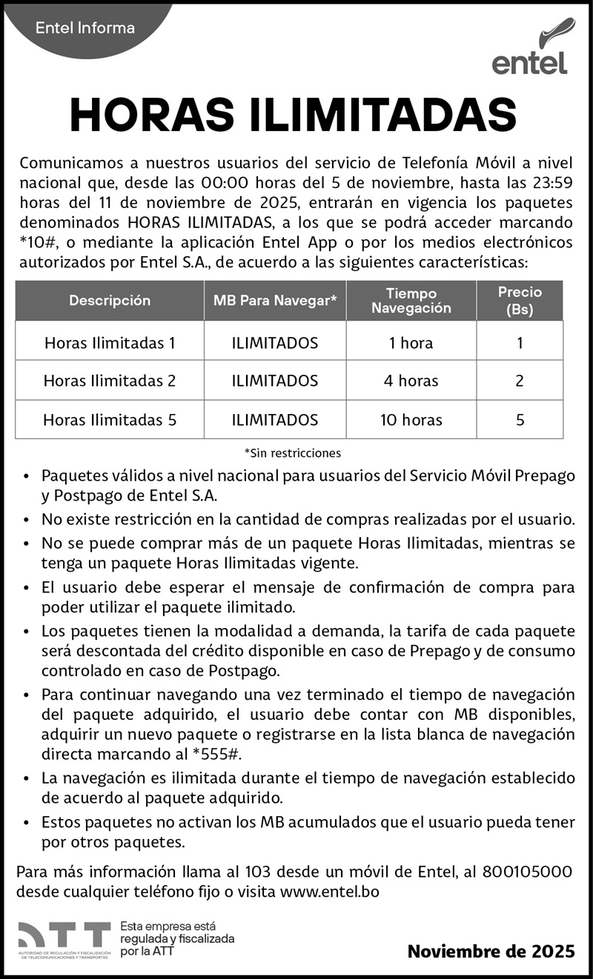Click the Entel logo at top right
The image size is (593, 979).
pos(530,48)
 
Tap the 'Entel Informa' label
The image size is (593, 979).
pos(85,28)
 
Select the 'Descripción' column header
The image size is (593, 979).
pos(110,301)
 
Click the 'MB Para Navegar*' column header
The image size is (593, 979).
pos(275,301)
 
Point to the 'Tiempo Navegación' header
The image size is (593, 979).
pos(411,301)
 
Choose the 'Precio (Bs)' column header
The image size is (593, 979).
pos(520,301)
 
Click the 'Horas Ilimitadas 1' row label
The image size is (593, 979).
pos(110,343)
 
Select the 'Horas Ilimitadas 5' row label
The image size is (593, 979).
pos(110,420)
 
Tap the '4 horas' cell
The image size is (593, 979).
pos(411,381)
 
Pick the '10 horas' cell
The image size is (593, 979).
pos(411,420)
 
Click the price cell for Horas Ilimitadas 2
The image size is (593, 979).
pos(520,381)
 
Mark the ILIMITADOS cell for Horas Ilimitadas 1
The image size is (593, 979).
pos(275,343)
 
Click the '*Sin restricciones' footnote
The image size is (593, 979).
pos(292,452)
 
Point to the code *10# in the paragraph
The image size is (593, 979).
pos(36,241)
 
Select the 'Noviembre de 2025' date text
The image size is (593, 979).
pos(491,952)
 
